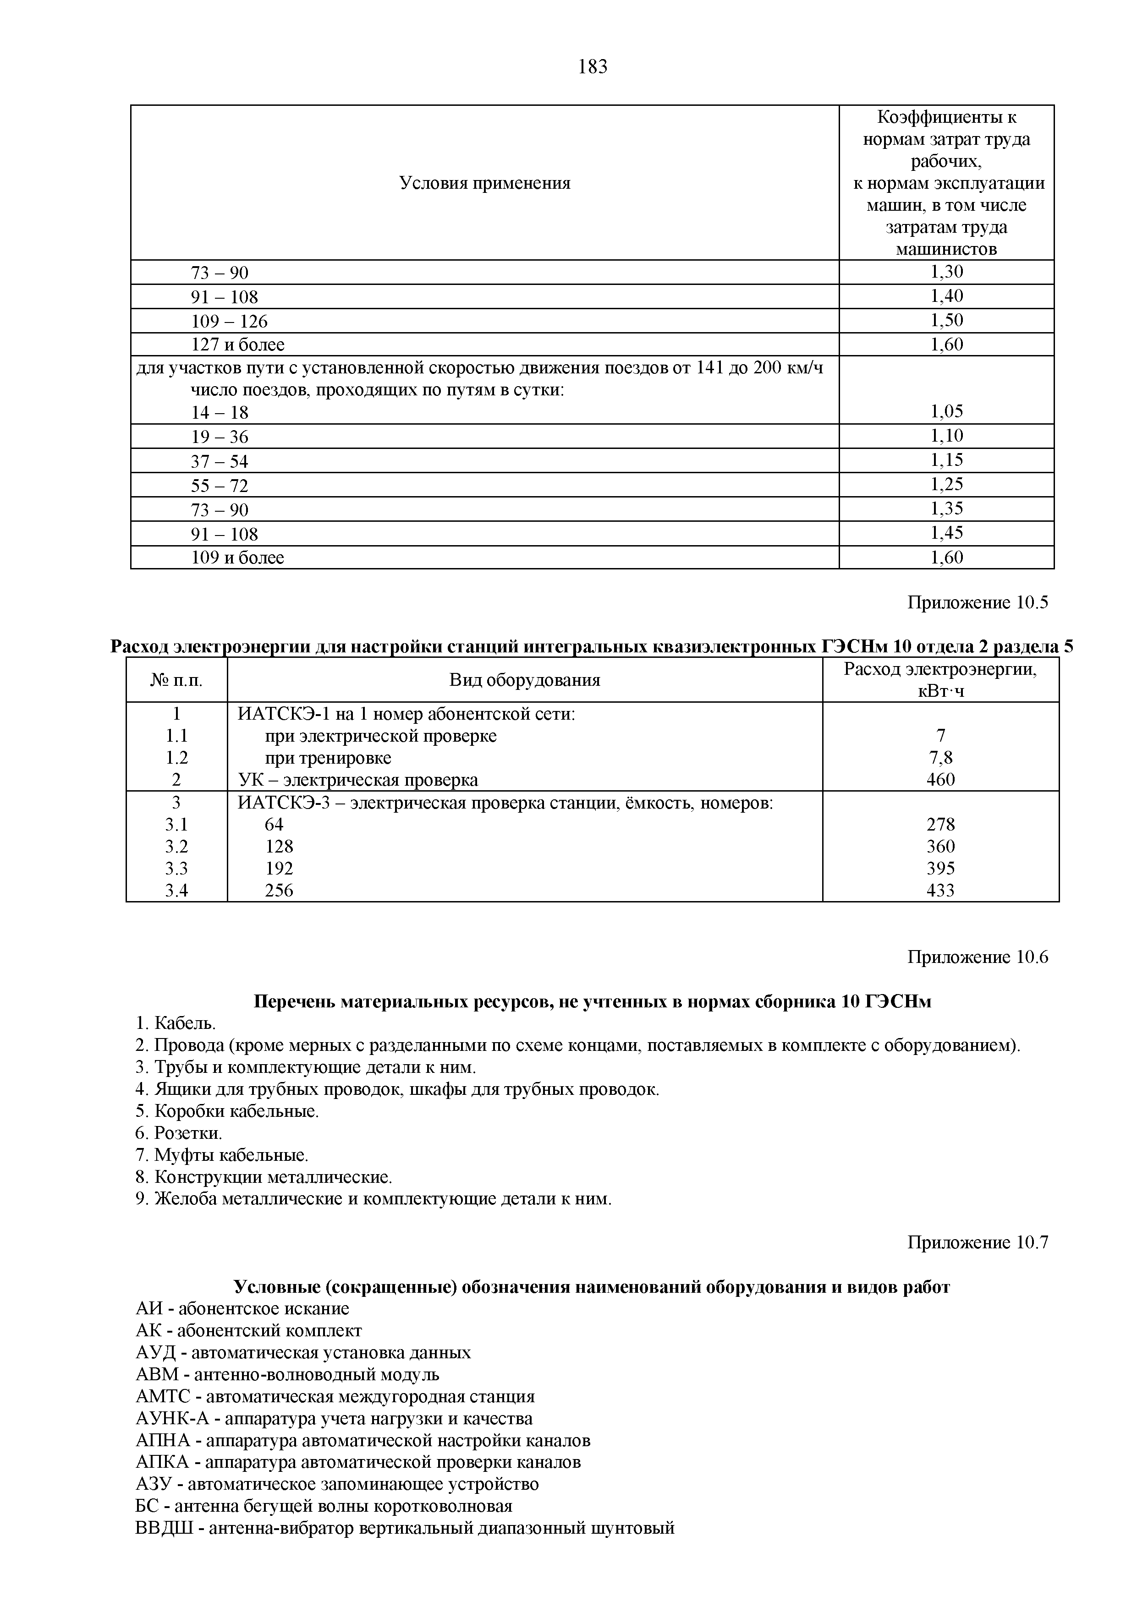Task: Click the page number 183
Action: (x=592, y=67)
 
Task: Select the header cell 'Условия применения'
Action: (x=484, y=183)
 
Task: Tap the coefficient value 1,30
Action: (x=946, y=272)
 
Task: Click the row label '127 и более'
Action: (x=238, y=344)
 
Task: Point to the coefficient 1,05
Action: (x=946, y=411)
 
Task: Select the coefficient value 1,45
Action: (x=946, y=533)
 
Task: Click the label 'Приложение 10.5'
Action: (x=978, y=603)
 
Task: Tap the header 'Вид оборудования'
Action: (x=524, y=680)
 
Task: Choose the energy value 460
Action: (x=940, y=780)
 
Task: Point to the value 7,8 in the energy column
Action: (x=940, y=758)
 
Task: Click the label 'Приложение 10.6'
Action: (x=978, y=957)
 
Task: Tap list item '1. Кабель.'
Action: (x=176, y=1023)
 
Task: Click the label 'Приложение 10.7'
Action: (x=978, y=1242)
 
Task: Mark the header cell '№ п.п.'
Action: (x=176, y=680)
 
